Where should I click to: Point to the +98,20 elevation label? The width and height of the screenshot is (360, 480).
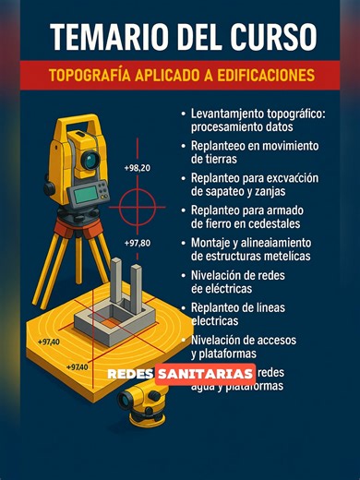(x=136, y=169)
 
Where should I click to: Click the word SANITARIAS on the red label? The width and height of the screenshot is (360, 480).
(x=205, y=374)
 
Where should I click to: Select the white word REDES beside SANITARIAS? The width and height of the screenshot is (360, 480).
(x=130, y=375)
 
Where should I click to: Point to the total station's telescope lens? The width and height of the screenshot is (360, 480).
(x=90, y=160)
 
